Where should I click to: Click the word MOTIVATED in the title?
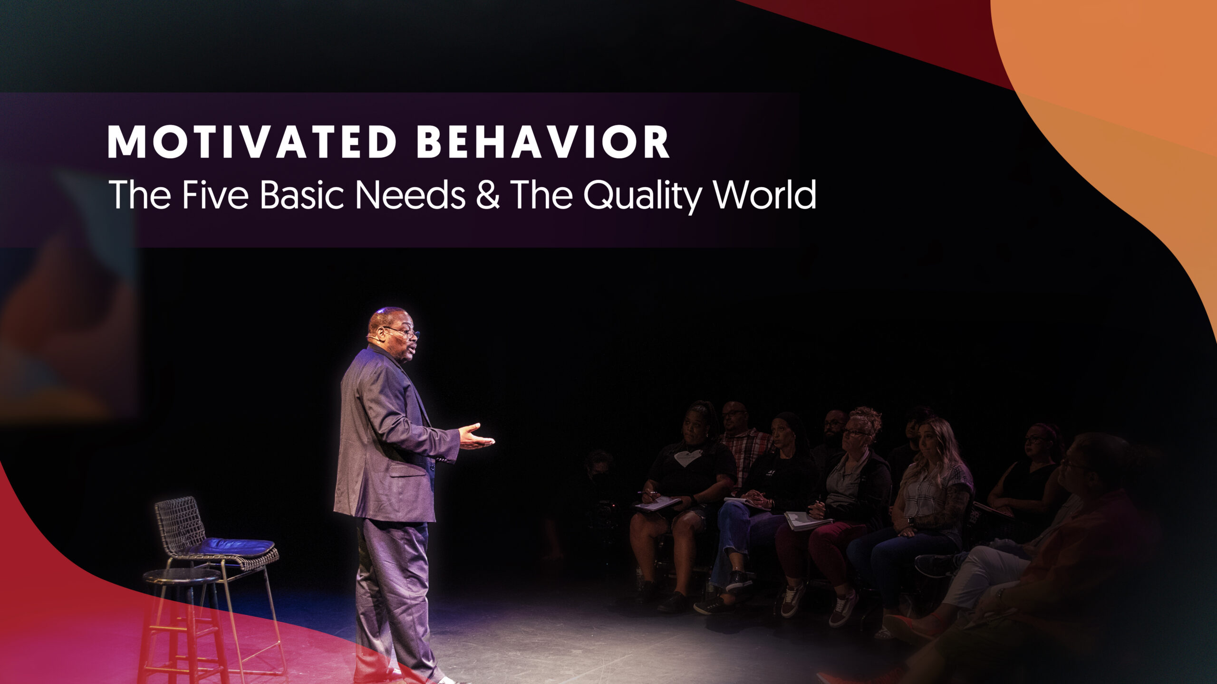tap(252, 142)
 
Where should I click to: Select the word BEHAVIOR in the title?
tap(543, 142)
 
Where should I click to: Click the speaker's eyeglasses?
tap(402, 331)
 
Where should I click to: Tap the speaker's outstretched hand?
tap(477, 437)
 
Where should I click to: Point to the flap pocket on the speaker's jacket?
tap(408, 469)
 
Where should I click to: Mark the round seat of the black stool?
tap(182, 576)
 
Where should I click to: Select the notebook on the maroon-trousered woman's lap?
tap(808, 520)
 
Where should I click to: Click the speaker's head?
tap(392, 331)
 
